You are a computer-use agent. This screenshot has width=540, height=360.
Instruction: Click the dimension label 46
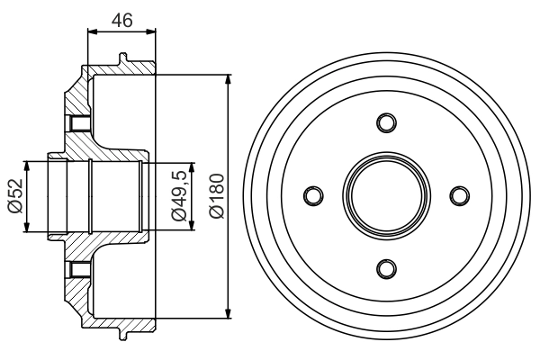coord(121,19)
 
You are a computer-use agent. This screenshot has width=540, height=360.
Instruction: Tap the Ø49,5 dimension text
coord(179,195)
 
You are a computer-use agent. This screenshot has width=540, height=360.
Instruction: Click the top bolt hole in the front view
coord(386,122)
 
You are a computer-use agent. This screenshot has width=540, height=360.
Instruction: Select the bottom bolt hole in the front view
coord(386,268)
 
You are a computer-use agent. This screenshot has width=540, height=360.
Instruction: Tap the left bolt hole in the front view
coord(313,195)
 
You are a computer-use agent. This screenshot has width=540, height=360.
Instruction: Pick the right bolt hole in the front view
coord(459,195)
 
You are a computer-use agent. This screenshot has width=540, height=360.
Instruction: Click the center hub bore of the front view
coord(386,195)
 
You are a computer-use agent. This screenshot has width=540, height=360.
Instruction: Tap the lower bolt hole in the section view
coord(76,267)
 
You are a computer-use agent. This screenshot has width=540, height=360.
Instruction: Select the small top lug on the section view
coord(121,59)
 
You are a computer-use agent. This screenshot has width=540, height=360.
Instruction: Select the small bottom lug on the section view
coord(121,333)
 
